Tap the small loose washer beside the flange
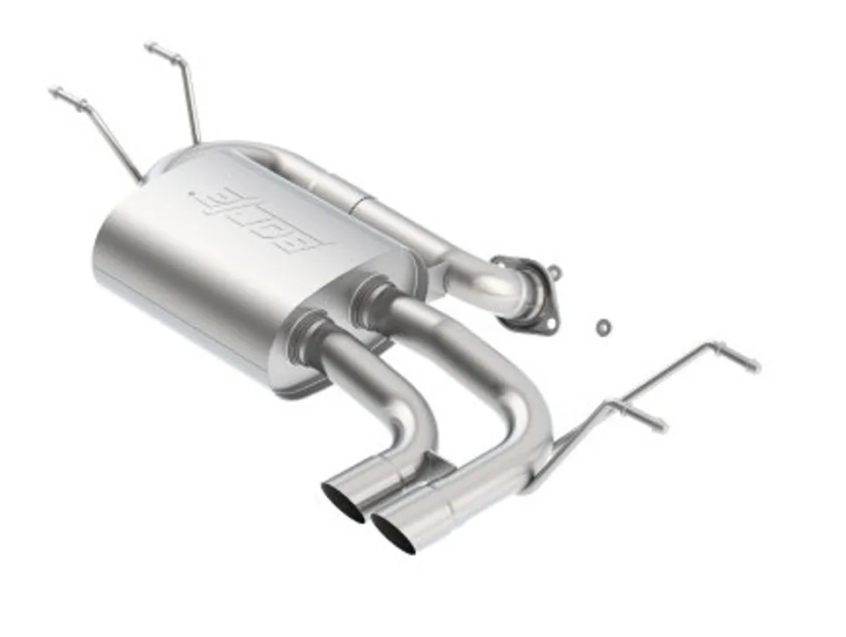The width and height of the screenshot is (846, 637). click(x=603, y=326)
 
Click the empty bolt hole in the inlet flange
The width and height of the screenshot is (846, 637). click(x=549, y=323)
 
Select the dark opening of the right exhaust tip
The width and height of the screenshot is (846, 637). click(x=393, y=533)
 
